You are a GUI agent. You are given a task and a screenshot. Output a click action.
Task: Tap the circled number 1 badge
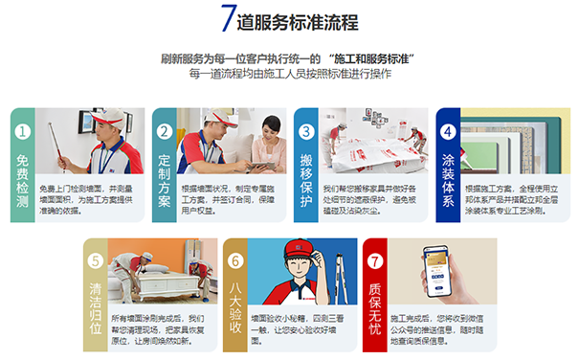click(x=23, y=131)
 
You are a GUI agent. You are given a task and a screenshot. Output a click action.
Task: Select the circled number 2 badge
click(x=164, y=131)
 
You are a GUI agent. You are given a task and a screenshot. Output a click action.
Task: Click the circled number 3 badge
click(x=306, y=131)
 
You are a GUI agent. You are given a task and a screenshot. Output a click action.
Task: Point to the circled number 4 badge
click(x=447, y=131)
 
